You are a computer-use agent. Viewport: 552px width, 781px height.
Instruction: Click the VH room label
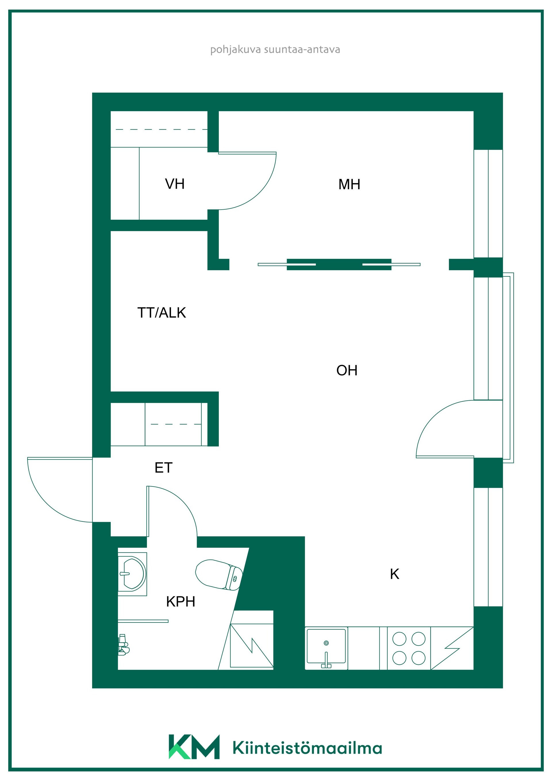point(175,184)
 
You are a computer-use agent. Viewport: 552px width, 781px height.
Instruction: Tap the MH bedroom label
point(349,184)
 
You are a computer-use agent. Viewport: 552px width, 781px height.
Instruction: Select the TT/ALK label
point(162,313)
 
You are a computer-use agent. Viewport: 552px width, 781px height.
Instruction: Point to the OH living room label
point(347,370)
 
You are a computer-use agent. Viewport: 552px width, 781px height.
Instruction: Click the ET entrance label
point(164,468)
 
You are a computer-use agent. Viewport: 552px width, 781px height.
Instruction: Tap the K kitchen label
point(394,574)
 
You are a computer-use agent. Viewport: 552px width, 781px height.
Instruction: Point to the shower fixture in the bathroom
point(123,645)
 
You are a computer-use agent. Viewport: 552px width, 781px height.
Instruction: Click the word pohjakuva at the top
point(236,50)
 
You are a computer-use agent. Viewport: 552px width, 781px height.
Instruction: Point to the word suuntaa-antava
point(302,50)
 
